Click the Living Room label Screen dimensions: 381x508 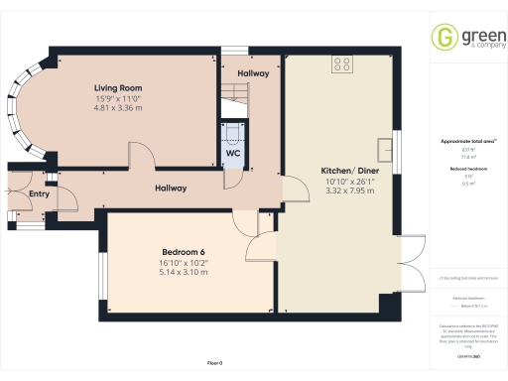click(x=118, y=88)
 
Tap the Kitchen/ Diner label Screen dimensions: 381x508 click(x=347, y=171)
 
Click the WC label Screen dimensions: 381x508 click(x=232, y=154)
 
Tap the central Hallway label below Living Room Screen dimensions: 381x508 click(x=171, y=189)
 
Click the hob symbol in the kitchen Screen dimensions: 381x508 click(x=344, y=65)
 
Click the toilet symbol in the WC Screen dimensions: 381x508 click(x=232, y=133)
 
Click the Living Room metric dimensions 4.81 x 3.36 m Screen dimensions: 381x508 click(x=118, y=108)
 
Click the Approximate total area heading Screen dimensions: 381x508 click(x=464, y=142)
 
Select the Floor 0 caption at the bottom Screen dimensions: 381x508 click(x=215, y=364)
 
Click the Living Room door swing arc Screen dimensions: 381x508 click(x=141, y=153)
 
